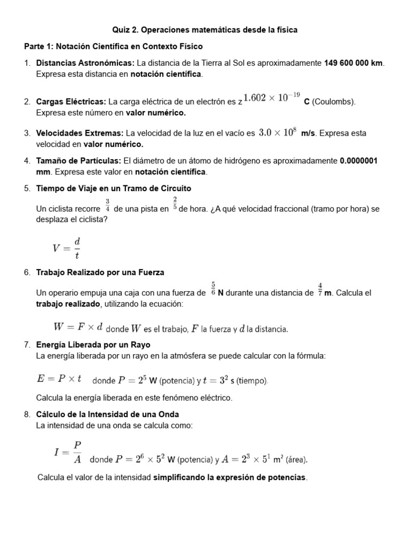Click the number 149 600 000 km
point(354,63)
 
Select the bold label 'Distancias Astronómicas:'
point(85,63)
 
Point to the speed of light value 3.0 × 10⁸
point(277,132)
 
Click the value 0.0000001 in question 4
point(359,161)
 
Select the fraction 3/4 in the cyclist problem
point(107,205)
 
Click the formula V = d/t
point(66,247)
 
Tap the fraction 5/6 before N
point(213,289)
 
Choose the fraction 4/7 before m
point(320,289)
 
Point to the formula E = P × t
point(59,379)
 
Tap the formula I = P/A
point(68,451)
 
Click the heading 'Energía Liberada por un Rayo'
point(93,345)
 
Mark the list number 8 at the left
point(27,414)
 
